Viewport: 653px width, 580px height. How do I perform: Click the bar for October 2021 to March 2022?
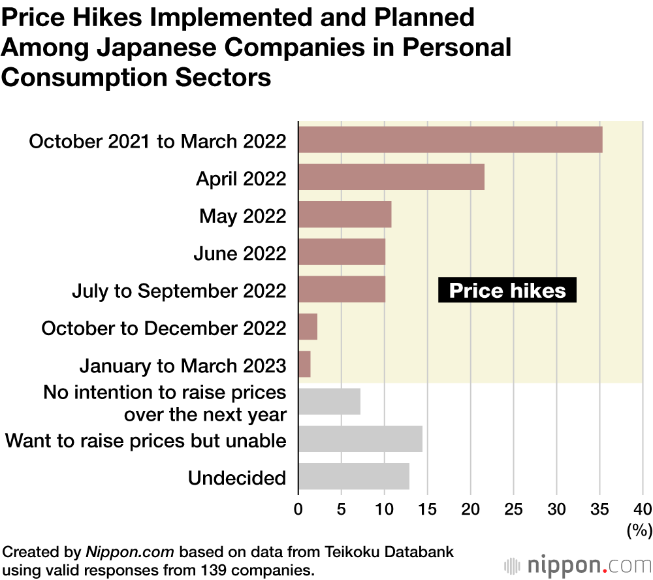point(451,140)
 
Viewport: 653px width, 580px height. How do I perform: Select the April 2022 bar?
point(391,177)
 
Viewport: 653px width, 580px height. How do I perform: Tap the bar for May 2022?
point(345,214)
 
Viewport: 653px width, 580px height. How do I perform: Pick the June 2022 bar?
point(342,252)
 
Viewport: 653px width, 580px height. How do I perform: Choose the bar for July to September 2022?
point(342,289)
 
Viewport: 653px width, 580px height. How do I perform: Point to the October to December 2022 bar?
point(308,327)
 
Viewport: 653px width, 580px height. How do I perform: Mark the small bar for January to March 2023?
point(304,364)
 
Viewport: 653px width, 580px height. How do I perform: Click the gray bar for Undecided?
point(354,476)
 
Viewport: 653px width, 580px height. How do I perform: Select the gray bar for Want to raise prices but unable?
point(360,439)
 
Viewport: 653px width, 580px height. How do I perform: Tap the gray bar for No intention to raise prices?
point(329,402)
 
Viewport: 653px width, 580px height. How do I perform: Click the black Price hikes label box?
point(507,290)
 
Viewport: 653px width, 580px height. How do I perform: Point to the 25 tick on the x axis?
point(514,508)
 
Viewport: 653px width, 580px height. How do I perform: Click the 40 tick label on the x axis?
point(643,508)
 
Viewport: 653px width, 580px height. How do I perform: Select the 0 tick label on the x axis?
point(298,508)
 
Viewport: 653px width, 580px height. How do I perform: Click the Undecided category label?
point(237,477)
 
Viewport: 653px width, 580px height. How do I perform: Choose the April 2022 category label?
point(241,178)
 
